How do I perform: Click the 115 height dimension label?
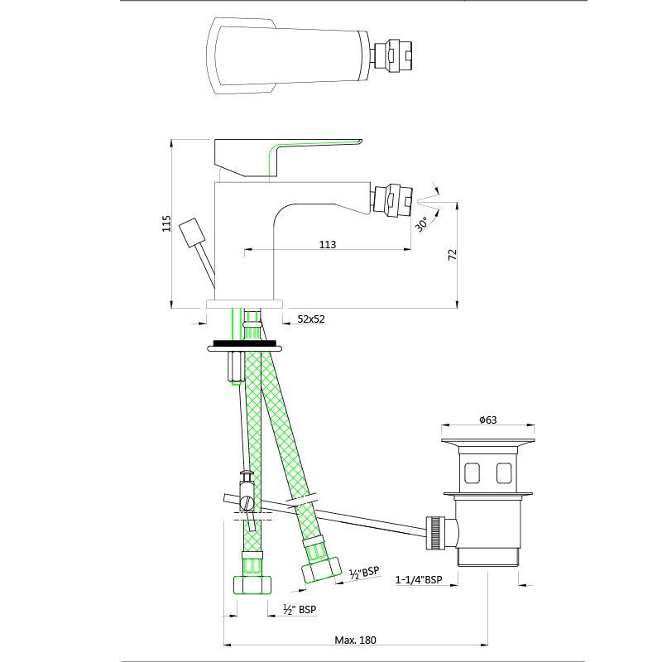coord(167,223)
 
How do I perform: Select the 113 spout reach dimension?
coord(328,244)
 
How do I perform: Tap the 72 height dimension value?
coord(452,255)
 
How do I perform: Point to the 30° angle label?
coord(421,223)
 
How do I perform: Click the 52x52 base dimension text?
coord(311,319)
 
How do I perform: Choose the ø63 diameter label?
coord(488,420)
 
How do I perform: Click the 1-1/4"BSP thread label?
coord(419,580)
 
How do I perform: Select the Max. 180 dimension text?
coord(355,640)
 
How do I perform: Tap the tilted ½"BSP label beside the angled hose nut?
coord(364,573)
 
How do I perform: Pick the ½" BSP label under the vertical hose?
coord(299,609)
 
